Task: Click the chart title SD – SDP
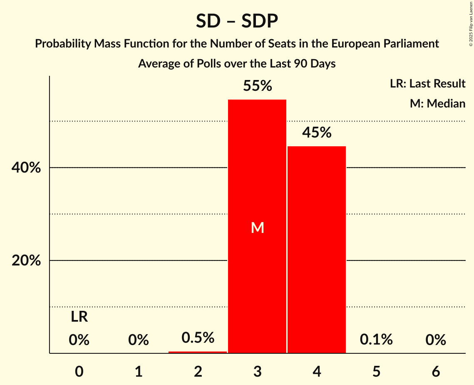click(237, 21)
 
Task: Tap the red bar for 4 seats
click(317, 250)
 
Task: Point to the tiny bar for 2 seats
click(198, 352)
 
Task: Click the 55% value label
click(257, 86)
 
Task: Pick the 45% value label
click(317, 133)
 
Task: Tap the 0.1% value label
click(376, 340)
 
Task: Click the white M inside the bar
click(257, 227)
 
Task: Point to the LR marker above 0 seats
click(79, 317)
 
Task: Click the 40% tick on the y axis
click(26, 168)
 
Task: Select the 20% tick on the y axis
click(26, 261)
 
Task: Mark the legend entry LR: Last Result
click(427, 84)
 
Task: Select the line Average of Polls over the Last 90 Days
click(237, 64)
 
